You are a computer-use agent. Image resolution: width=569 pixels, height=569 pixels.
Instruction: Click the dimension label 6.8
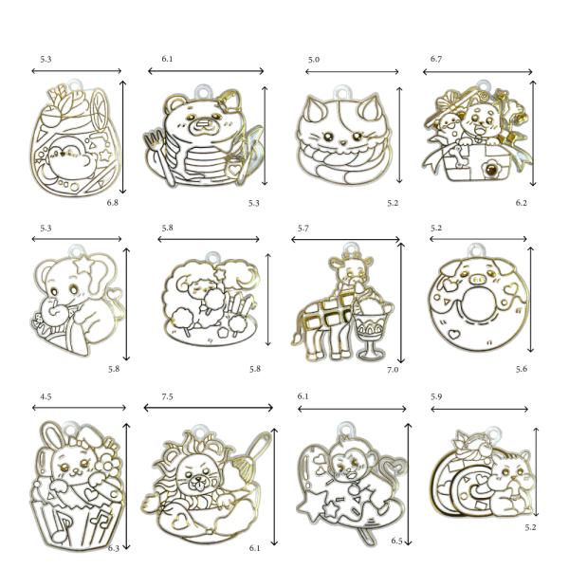(x=113, y=203)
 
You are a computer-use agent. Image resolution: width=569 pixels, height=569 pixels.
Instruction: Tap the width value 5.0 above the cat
(x=314, y=60)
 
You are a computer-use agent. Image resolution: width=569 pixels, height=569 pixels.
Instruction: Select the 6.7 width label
(x=436, y=59)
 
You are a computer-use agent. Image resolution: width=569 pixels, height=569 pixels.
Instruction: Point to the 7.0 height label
(x=393, y=370)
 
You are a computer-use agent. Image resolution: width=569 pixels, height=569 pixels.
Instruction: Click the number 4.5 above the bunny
(x=46, y=396)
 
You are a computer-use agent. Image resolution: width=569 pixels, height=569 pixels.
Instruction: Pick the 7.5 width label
(x=167, y=396)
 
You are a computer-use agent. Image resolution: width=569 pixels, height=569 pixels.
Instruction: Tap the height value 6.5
(x=397, y=541)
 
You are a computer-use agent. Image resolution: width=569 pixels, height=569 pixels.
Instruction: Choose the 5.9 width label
(x=436, y=396)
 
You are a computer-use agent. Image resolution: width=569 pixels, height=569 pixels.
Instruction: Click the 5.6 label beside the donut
(x=522, y=369)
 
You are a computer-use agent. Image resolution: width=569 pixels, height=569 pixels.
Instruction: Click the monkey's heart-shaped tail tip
(x=395, y=465)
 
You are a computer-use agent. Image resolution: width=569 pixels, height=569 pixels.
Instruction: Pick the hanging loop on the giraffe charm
(x=349, y=248)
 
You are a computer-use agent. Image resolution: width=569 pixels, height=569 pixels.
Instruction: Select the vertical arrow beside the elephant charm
(x=127, y=304)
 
